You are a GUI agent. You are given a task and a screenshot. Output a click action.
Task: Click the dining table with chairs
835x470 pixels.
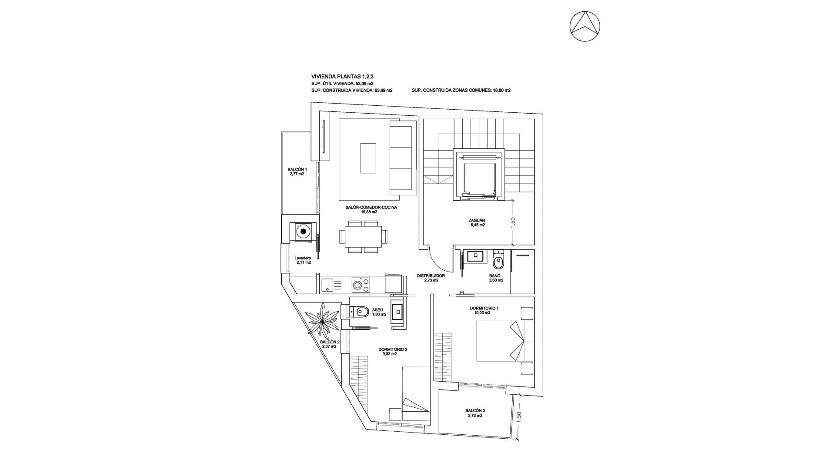361,237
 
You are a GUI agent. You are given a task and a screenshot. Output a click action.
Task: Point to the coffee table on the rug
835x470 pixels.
368,158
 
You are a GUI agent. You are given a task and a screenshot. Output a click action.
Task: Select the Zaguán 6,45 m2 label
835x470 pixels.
477,222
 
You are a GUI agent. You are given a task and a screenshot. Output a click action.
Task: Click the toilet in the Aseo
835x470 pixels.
359,312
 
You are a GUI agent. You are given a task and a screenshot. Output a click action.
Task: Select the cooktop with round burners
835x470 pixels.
361,285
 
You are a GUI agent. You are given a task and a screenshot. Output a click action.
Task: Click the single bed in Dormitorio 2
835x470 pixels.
415,393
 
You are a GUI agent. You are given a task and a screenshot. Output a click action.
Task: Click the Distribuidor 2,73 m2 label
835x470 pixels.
431,278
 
